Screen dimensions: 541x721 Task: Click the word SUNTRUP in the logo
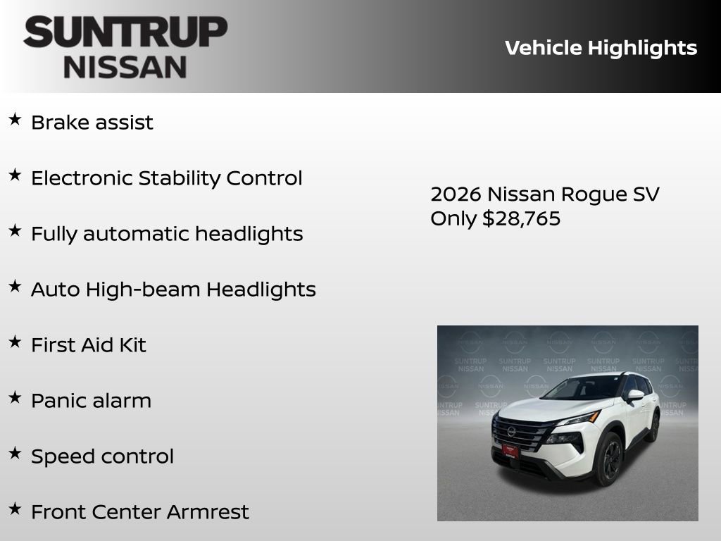tap(125, 32)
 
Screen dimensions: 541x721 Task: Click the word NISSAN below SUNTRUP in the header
tap(125, 66)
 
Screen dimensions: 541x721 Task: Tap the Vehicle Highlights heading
tap(601, 48)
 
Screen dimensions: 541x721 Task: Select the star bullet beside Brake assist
tap(15, 119)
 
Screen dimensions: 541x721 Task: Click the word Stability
tap(180, 178)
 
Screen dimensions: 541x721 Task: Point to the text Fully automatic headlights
tap(167, 234)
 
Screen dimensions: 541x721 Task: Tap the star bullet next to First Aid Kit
tap(15, 342)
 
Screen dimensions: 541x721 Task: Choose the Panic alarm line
tap(91, 401)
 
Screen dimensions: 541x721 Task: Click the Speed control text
tap(102, 456)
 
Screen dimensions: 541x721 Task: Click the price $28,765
tap(521, 218)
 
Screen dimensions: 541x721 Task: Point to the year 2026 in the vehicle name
tap(456, 194)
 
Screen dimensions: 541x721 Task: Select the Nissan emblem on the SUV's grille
tap(511, 430)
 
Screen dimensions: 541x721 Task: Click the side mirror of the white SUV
tap(635, 395)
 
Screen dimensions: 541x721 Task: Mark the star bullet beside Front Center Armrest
tap(15, 509)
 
